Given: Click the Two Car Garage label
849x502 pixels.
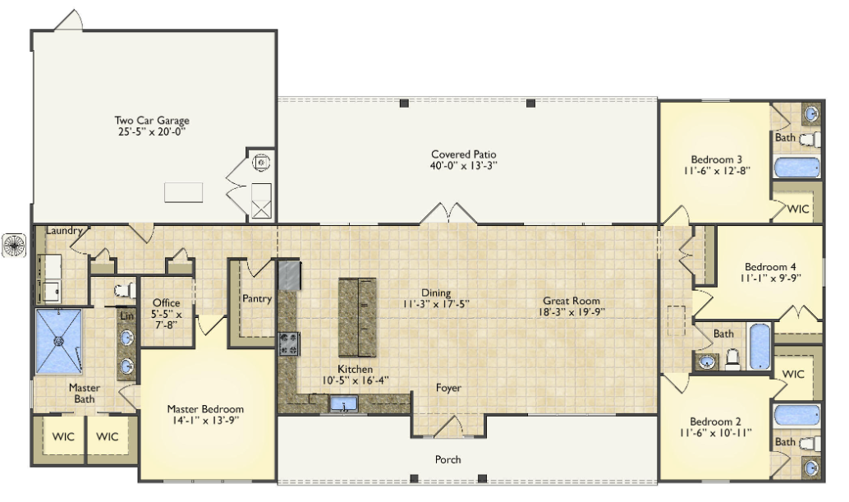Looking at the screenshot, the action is click(152, 121).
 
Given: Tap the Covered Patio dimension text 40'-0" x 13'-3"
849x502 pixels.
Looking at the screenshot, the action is click(463, 166).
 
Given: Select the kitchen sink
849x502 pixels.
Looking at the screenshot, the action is click(343, 404).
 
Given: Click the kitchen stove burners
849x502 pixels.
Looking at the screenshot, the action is click(288, 344).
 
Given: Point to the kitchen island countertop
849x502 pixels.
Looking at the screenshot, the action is click(357, 317).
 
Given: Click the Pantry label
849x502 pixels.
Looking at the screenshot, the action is click(257, 298).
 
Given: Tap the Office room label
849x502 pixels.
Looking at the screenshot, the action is click(166, 302).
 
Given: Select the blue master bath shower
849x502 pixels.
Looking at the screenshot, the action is click(58, 341).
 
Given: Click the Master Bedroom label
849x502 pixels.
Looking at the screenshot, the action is click(205, 409).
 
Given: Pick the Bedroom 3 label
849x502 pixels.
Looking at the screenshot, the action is click(716, 159).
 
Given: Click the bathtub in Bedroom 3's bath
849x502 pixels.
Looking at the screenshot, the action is click(796, 168).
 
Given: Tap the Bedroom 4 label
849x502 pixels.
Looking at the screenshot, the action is click(770, 267).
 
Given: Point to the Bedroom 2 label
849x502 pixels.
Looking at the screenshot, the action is click(715, 421).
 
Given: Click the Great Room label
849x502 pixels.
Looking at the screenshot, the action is click(571, 301).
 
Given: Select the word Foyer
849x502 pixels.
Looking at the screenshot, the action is click(448, 388).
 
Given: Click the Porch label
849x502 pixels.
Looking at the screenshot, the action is click(447, 459).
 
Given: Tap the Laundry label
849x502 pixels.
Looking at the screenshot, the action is click(64, 231).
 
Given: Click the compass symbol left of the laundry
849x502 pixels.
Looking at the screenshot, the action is click(13, 245).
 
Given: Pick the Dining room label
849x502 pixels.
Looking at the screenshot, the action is click(436, 293).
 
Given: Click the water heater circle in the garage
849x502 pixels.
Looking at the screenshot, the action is click(261, 162).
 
